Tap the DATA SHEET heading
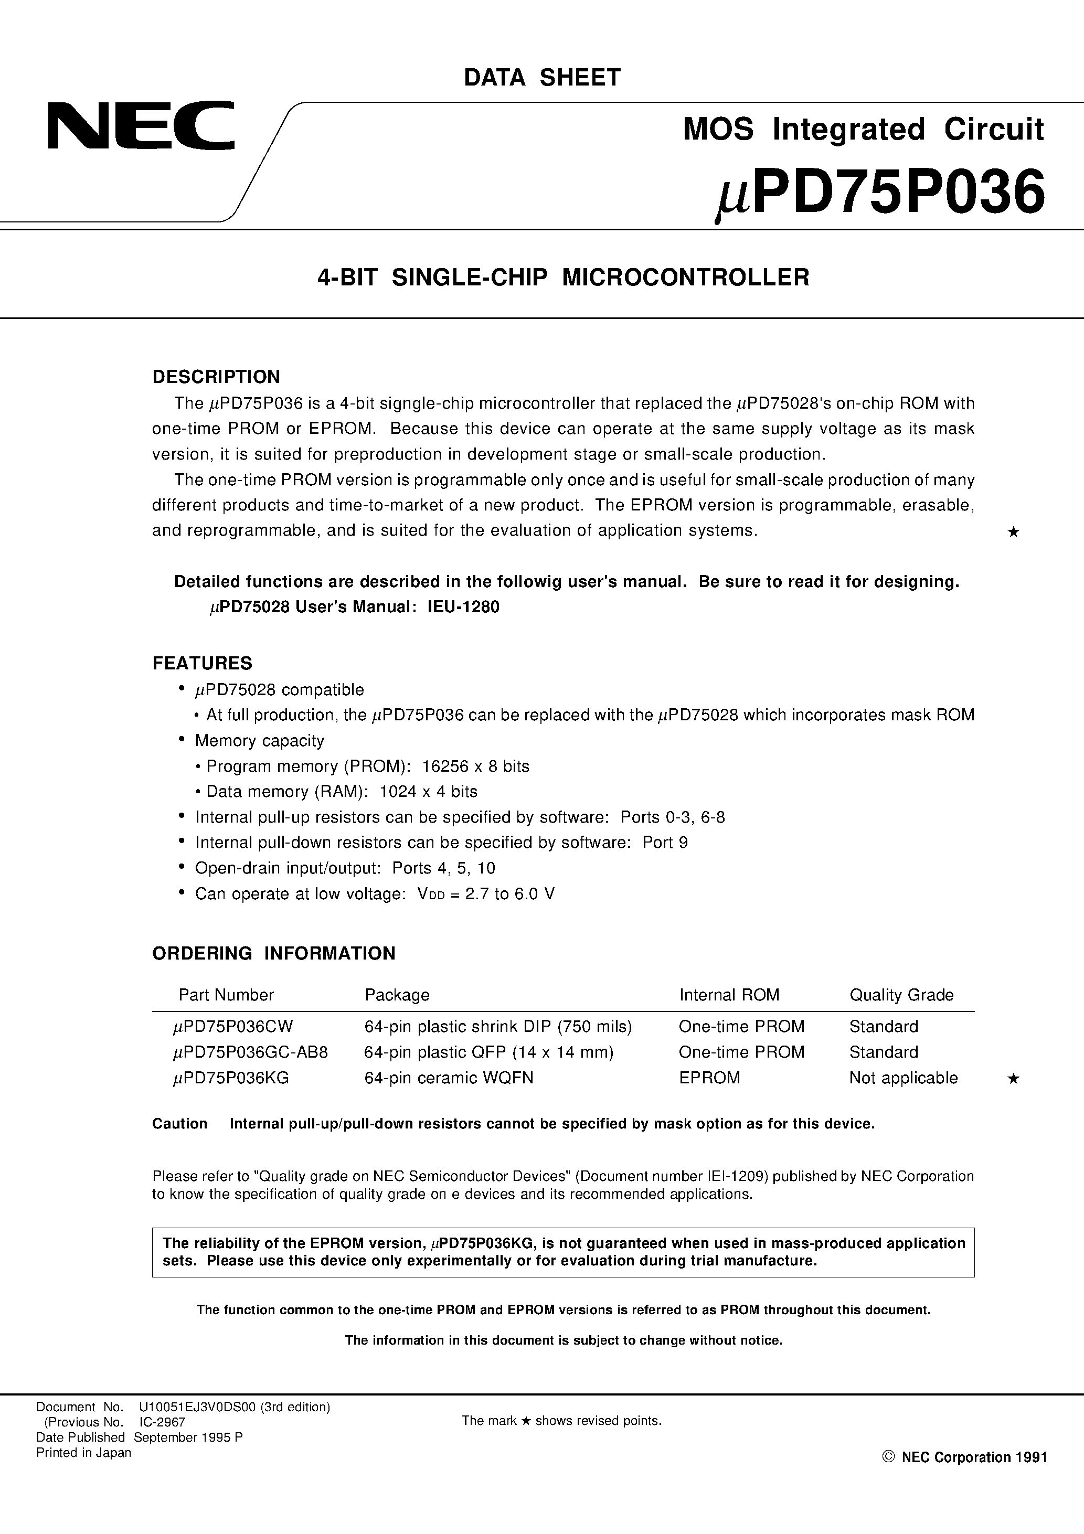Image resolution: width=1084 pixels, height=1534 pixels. point(542,78)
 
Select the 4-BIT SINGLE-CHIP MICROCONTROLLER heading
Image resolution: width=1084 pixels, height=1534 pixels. point(564,278)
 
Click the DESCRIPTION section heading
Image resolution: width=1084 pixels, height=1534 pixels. point(216,377)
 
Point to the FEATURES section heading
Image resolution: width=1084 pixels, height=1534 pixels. point(203,664)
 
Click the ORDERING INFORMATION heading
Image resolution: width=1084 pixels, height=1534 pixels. point(273,953)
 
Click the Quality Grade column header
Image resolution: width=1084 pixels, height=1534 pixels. point(901,995)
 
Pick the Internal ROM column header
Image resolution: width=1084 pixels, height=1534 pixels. point(729,995)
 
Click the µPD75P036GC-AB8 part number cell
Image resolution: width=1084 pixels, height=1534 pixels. point(251,1052)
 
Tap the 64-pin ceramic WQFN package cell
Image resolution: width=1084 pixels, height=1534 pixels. point(449,1078)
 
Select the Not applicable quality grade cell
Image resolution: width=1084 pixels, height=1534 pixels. point(903,1078)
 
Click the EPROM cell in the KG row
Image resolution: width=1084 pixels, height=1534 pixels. point(709,1078)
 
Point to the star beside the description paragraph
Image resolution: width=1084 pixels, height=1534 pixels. point(1013,532)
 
